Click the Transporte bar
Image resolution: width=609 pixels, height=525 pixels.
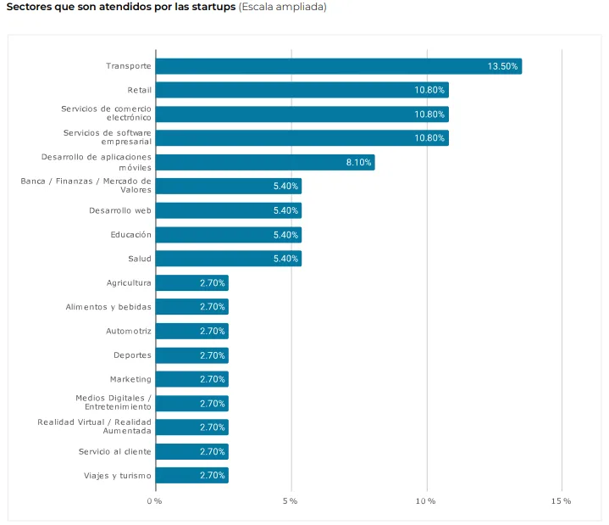[x=338, y=66]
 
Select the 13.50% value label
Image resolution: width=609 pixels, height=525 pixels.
[x=502, y=66]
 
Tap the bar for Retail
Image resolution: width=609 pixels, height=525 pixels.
[x=302, y=90]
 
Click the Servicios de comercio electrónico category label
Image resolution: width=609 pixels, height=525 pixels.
[x=106, y=114]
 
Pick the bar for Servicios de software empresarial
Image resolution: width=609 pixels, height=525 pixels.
[x=302, y=137]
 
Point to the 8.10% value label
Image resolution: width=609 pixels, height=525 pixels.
[x=358, y=162]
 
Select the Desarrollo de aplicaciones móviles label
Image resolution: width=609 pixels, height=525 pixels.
[x=97, y=162]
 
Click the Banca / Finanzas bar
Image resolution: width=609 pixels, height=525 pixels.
[x=228, y=186]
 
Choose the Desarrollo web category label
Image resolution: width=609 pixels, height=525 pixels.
[x=119, y=210]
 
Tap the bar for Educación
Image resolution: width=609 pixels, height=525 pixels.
[x=228, y=234]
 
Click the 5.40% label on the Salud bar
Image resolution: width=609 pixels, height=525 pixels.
[x=285, y=259]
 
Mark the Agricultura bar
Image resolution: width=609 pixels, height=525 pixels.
[x=191, y=282]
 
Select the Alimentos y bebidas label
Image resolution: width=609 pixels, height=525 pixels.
[x=108, y=307]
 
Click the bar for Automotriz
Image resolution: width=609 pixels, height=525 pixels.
[x=191, y=331]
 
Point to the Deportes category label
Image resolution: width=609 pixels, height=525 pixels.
[x=132, y=355]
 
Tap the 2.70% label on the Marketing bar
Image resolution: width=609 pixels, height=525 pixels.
[x=213, y=379]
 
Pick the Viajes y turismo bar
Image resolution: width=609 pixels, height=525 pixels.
[x=191, y=475]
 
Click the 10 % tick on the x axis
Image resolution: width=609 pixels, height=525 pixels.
[x=425, y=501]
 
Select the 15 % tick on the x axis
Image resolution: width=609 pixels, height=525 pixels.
[x=561, y=501]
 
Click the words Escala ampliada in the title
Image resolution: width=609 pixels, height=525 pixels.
[x=282, y=7]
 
